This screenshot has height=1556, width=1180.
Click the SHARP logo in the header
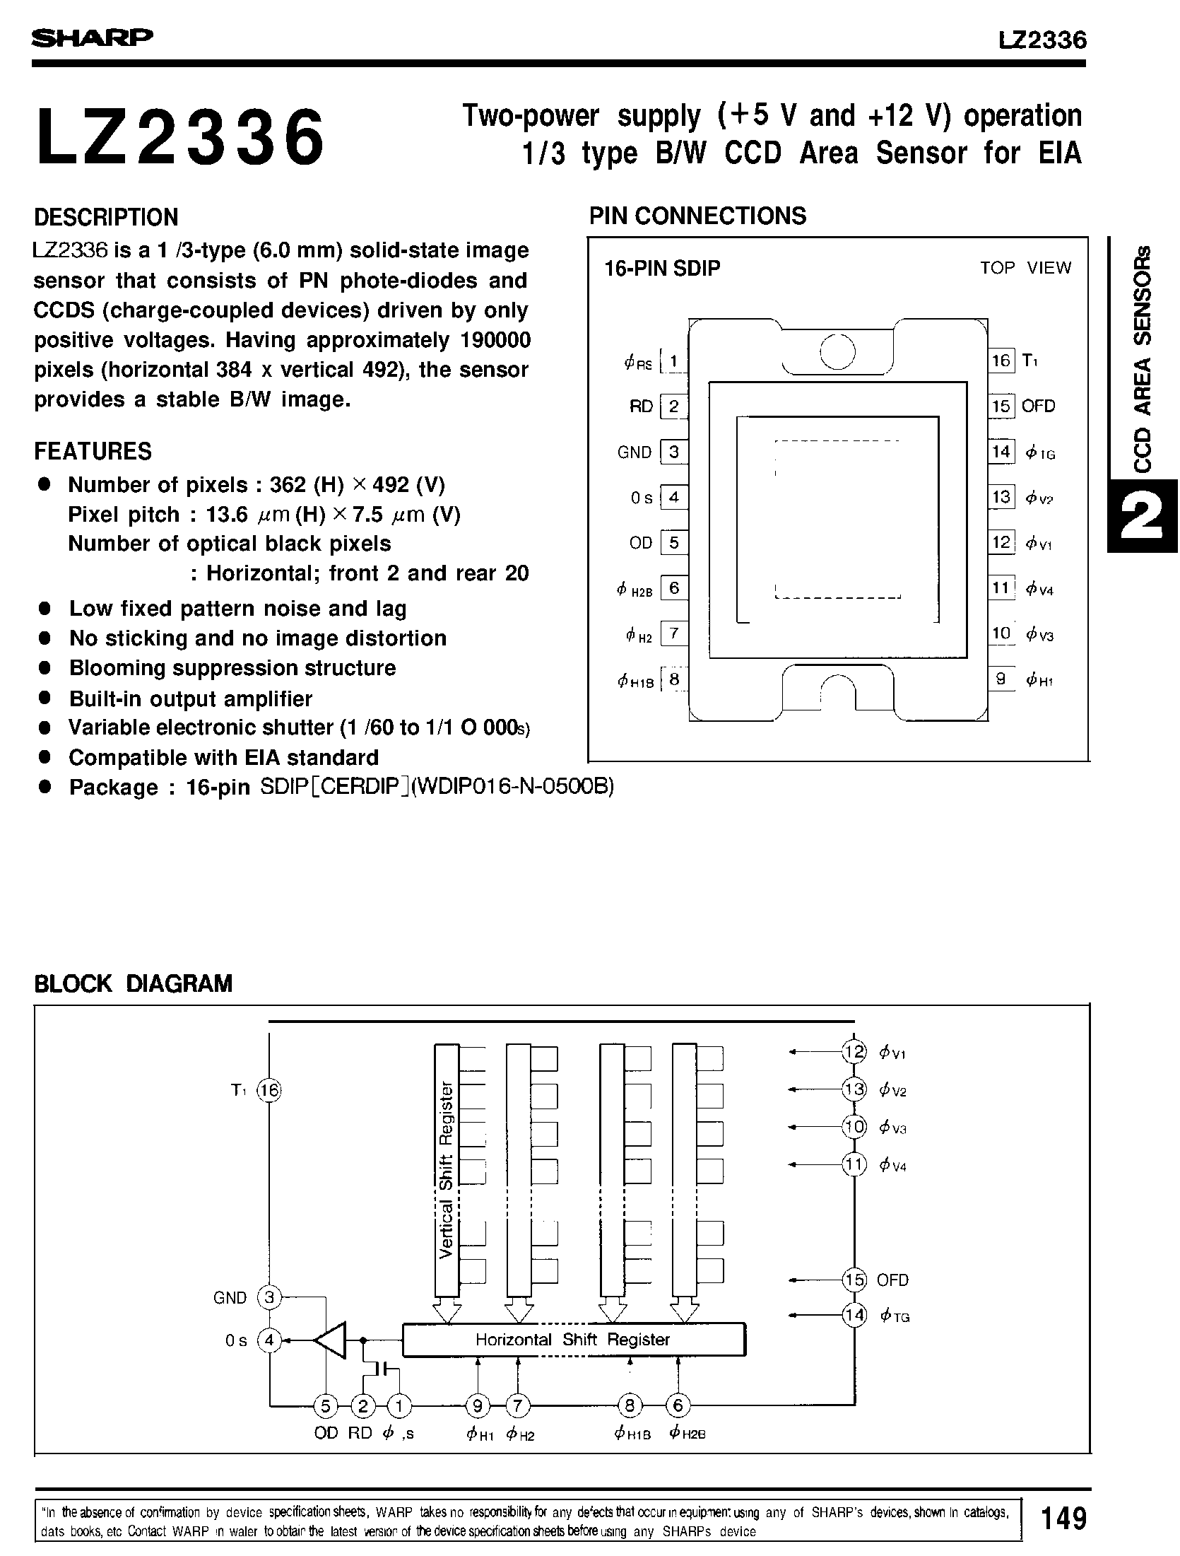92,37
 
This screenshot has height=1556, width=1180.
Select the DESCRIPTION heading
106,217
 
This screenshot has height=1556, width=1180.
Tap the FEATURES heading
93,451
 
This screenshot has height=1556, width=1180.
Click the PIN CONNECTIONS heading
697,216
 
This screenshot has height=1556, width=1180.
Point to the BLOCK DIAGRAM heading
133,983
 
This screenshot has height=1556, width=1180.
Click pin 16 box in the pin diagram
1001,361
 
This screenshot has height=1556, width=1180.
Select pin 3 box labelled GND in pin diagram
673,452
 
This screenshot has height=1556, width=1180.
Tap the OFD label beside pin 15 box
1038,406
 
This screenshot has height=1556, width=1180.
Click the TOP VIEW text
1025,268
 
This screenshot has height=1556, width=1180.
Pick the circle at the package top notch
837,351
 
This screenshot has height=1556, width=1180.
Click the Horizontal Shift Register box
573,1340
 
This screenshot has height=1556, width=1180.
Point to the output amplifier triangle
331,1339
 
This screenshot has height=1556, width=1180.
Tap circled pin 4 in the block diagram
269,1340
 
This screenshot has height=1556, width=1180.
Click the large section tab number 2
1142,515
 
